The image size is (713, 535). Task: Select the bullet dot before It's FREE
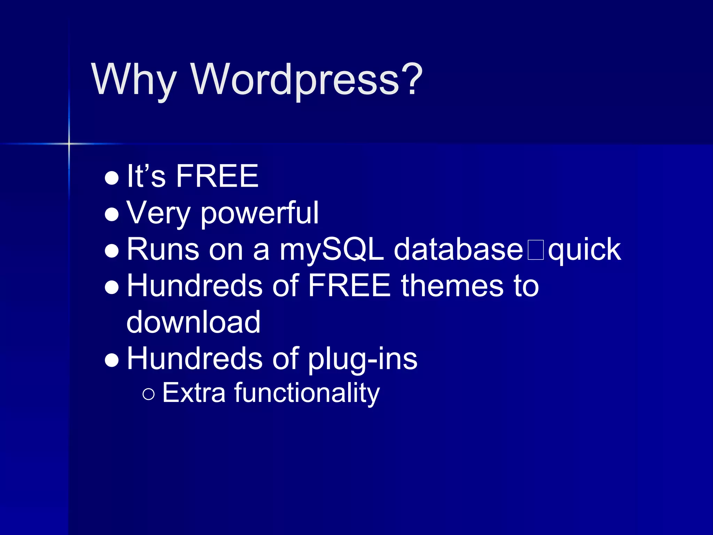pos(112,178)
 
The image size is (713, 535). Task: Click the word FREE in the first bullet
pos(217,176)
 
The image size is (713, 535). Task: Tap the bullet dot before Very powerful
pos(112,215)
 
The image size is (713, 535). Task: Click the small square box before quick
pos(535,250)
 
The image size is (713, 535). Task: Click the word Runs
pos(163,250)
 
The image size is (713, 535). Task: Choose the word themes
pos(452,286)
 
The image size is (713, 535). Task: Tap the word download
pos(193,322)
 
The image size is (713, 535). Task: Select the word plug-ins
pos(362,359)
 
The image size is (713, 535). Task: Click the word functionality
pos(307,393)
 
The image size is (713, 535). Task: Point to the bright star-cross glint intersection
pos(69,144)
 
